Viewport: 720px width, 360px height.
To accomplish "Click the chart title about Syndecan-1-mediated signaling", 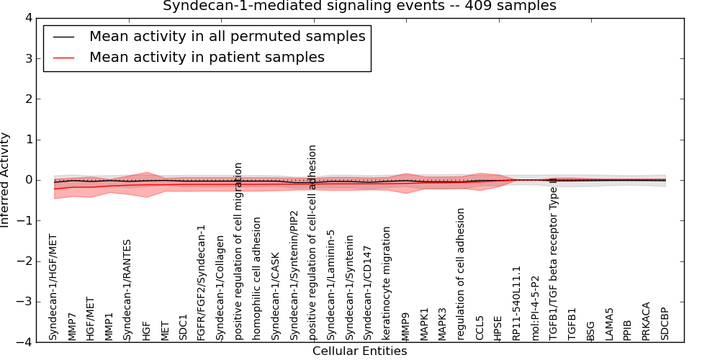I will [359, 6].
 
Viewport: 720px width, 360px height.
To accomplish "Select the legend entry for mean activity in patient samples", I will [207, 57].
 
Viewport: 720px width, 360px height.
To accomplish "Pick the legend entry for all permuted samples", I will [227, 36].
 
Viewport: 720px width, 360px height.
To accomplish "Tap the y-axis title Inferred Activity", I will [6, 180].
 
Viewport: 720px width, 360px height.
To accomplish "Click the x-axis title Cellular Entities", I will [359, 351].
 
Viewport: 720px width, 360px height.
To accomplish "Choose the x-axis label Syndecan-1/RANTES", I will [127, 289].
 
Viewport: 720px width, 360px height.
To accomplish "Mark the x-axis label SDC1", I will [183, 327].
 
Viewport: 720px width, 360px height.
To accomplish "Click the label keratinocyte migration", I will [387, 283].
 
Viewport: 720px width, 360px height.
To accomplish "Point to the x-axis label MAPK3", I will [442, 323].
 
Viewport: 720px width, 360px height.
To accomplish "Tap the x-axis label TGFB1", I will [572, 323].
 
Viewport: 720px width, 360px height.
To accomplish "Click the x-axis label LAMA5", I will [609, 324].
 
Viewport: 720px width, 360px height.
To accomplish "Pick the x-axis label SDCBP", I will [665, 323].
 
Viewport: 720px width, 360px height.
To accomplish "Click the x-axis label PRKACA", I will [646, 320].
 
